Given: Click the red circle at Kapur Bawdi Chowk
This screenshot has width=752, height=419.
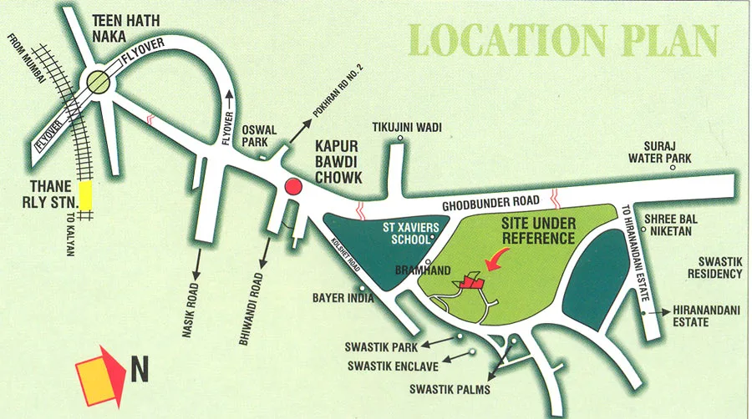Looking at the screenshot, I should coord(292,186).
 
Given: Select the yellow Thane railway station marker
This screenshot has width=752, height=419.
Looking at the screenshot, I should coord(85,195).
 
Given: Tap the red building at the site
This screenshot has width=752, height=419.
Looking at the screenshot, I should coord(470,283).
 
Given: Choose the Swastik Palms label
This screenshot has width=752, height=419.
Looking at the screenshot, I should coord(450,389).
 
